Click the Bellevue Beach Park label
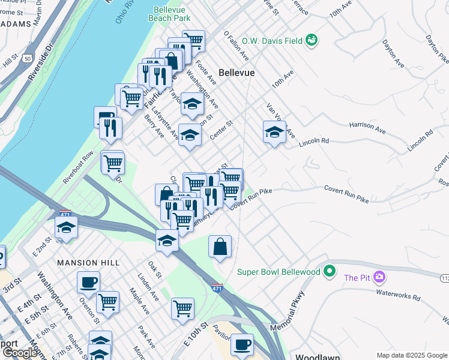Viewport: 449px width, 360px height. pos(169,14)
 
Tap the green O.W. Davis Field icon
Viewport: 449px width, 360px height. pos(312,40)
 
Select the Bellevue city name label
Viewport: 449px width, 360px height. pos(237,72)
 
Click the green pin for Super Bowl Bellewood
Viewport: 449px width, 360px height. pos(328,272)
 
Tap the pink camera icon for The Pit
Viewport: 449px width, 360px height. pos(379,277)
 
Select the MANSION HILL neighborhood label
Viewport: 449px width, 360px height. pos(88,263)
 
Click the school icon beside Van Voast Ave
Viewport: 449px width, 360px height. pos(274,131)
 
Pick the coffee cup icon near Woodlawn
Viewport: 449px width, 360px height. pos(242,344)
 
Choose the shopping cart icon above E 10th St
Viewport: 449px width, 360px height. pos(182,308)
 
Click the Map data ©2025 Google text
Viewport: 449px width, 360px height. pos(412,355)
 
